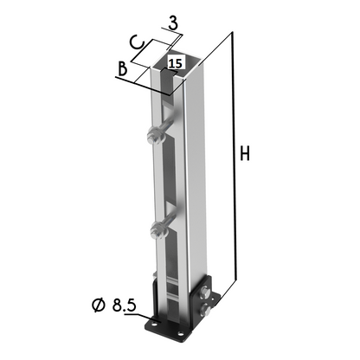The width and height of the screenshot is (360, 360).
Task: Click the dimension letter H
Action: point(245,154)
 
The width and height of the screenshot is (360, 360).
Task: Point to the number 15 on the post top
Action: point(174,63)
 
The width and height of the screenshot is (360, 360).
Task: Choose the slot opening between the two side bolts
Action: point(173,182)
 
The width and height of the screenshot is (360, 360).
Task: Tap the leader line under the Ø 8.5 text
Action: point(130,316)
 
